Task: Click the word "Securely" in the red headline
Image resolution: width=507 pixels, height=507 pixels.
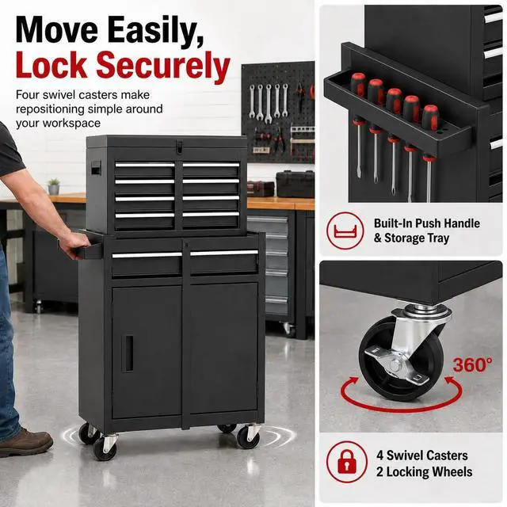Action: point(163,65)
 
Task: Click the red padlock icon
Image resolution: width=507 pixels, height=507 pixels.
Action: point(347,462)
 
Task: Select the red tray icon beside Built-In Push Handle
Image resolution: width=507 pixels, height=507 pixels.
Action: point(345,231)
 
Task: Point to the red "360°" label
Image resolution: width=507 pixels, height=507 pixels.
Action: point(473,365)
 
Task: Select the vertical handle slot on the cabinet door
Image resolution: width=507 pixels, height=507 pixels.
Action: point(128,353)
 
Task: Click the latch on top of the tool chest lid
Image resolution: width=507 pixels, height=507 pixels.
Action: point(180,145)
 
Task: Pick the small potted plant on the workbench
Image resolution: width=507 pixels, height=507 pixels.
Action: point(54,187)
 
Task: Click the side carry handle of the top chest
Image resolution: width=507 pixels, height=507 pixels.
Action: point(97,167)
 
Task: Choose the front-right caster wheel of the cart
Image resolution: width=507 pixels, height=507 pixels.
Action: point(248,436)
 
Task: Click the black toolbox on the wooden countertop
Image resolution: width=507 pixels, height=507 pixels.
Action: point(295,184)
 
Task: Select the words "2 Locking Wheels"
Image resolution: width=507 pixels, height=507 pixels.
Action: point(424,472)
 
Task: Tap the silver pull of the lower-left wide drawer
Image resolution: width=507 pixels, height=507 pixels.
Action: point(147,255)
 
